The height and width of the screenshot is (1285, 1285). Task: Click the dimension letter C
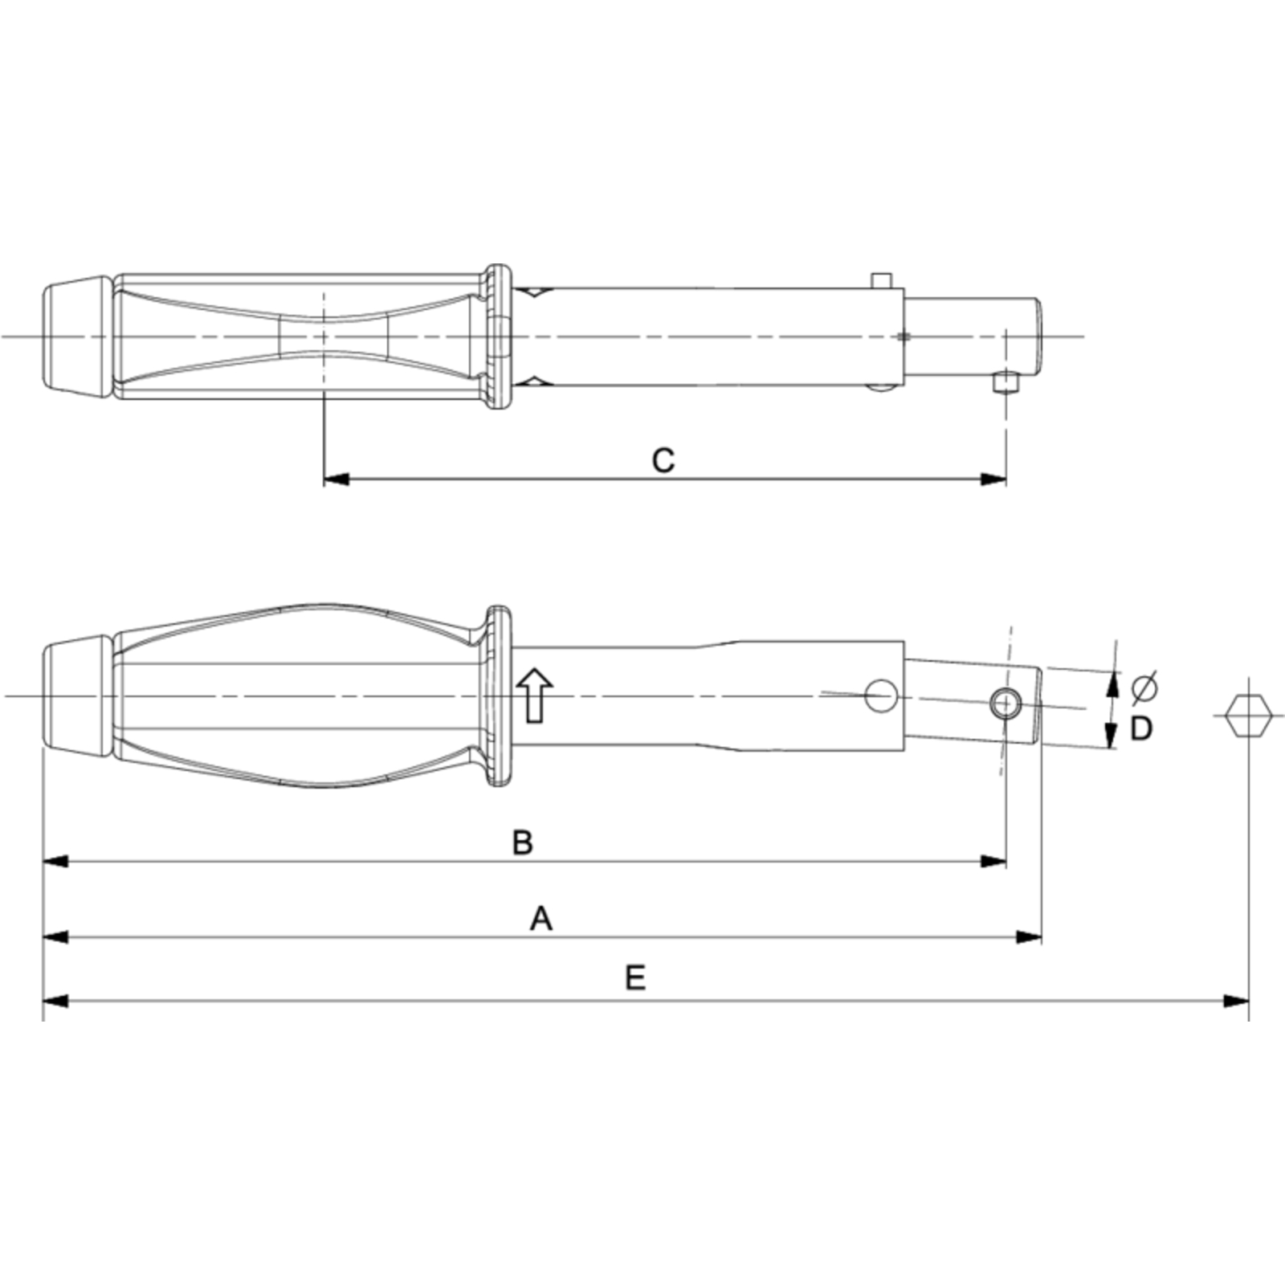click(x=663, y=461)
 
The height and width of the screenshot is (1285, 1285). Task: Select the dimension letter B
click(x=523, y=843)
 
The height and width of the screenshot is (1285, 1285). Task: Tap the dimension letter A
click(x=541, y=918)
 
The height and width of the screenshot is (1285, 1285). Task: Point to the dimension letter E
click(x=635, y=978)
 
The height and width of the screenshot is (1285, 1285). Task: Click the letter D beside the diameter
click(x=1141, y=728)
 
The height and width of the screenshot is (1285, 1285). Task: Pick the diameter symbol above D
click(x=1144, y=688)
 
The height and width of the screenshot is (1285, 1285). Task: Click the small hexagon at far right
click(x=1250, y=716)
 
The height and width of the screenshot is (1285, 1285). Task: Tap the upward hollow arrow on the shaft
click(x=534, y=696)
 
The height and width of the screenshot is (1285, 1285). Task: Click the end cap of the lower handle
click(x=74, y=696)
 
